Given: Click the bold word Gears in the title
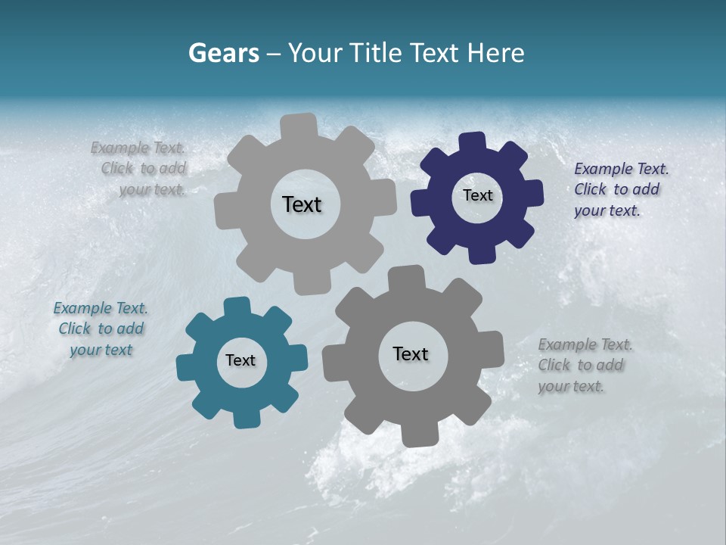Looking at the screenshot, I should click(x=224, y=53).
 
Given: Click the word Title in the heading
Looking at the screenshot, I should click(x=375, y=53).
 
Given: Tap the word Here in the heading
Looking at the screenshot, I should click(x=496, y=53).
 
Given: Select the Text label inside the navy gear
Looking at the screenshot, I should click(x=477, y=195).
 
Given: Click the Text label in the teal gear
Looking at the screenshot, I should click(x=240, y=360).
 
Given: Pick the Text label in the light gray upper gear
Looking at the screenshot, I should click(x=302, y=204).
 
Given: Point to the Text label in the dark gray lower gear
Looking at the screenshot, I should click(x=411, y=353).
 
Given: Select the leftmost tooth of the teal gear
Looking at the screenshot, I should click(x=185, y=368).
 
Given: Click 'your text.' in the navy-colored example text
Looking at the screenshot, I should click(x=607, y=210).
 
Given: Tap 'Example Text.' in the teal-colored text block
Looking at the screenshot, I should click(x=101, y=308).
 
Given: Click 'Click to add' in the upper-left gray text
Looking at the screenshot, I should click(x=144, y=168).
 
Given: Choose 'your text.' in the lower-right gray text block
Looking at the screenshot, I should click(x=571, y=386).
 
